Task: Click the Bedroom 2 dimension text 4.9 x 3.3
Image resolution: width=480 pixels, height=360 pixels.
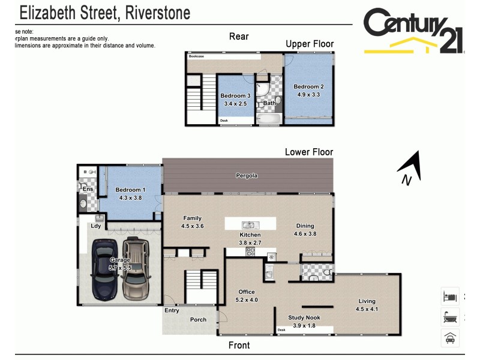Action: (308, 94)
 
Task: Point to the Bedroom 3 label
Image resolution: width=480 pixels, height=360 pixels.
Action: (235, 96)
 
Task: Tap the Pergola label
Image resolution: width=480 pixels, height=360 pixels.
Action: (246, 176)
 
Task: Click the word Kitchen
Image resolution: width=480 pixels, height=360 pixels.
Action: (250, 235)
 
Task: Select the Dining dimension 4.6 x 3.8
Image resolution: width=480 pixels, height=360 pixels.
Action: (305, 234)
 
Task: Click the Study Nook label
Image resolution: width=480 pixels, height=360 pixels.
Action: (305, 317)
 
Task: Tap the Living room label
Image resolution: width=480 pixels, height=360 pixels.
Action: (367, 301)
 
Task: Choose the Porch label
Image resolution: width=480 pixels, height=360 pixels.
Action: (198, 320)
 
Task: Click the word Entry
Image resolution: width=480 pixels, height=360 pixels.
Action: (172, 311)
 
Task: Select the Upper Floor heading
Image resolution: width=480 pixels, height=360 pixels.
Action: (310, 44)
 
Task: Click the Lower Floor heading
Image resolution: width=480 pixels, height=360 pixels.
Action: (308, 152)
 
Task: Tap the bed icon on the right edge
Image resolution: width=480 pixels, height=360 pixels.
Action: (450, 296)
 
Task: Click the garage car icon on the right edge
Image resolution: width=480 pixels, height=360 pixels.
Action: (450, 338)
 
